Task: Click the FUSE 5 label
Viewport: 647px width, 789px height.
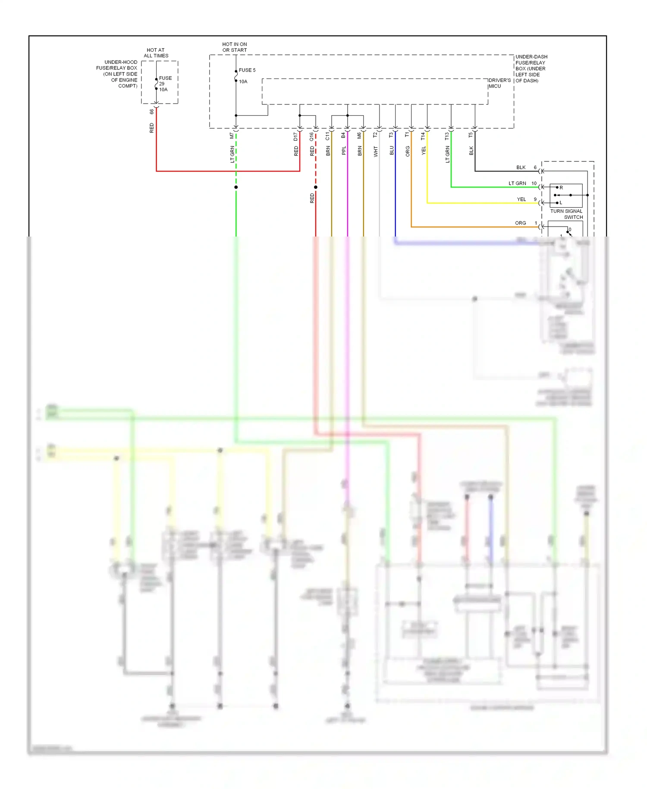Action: [x=247, y=70]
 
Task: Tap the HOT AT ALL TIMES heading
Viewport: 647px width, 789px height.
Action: [x=156, y=53]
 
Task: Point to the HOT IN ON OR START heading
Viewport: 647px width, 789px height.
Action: [x=234, y=47]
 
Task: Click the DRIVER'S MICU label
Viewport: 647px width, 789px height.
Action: [x=499, y=83]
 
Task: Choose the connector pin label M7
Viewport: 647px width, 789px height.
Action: [x=232, y=136]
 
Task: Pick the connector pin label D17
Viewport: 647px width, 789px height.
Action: [x=295, y=136]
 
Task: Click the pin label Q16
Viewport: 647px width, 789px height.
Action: [x=311, y=136]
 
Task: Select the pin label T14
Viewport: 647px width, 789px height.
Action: [x=423, y=136]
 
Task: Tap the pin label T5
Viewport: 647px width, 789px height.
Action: [x=471, y=135]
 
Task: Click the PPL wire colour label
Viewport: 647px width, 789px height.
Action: [x=344, y=150]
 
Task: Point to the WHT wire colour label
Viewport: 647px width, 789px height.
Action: [x=375, y=151]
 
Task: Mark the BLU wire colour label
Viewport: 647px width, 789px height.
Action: [x=391, y=150]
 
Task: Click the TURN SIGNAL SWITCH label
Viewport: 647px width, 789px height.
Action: [x=566, y=214]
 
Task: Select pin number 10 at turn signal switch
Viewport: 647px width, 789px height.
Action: [x=534, y=183]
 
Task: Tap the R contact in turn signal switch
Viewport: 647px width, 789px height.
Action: [x=561, y=188]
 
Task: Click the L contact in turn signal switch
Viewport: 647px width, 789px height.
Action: [x=561, y=202]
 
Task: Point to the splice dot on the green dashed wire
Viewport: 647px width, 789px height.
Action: [x=236, y=187]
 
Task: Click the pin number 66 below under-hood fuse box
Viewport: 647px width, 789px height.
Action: [x=151, y=111]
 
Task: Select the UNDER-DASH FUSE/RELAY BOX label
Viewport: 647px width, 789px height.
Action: [x=531, y=69]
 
